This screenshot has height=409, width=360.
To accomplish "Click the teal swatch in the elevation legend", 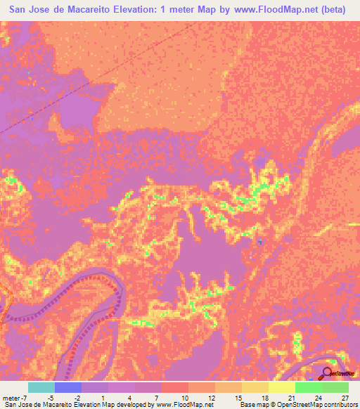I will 41,387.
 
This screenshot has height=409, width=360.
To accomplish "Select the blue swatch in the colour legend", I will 67,387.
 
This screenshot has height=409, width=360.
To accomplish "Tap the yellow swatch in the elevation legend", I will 281,387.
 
